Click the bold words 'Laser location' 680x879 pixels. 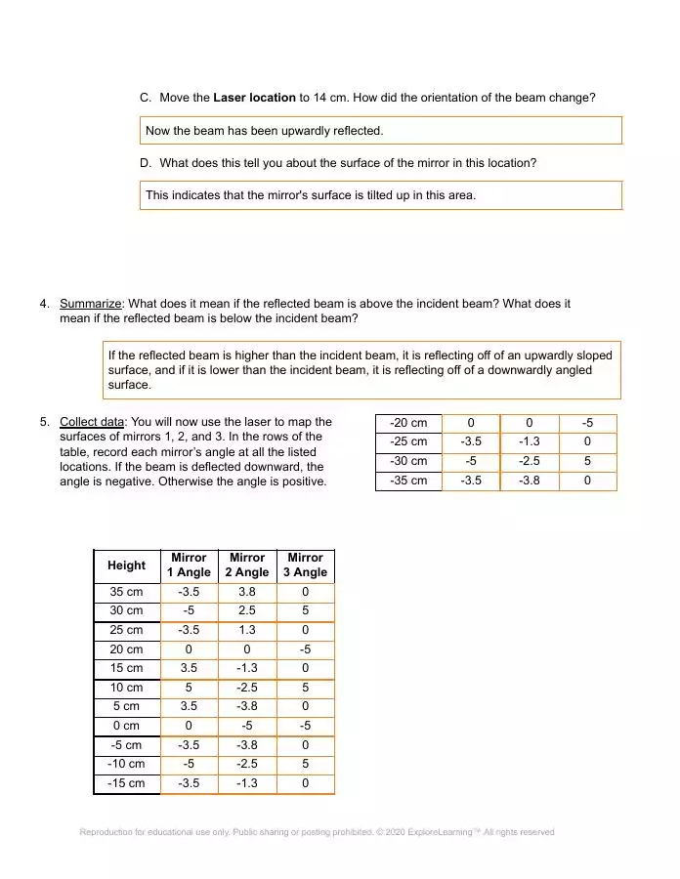click(x=254, y=98)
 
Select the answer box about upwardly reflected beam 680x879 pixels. click(x=381, y=130)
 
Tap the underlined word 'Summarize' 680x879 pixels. click(x=91, y=304)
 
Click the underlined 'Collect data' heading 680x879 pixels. click(x=92, y=422)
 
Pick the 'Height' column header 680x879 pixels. click(x=126, y=565)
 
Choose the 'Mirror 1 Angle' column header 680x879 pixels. click(x=189, y=565)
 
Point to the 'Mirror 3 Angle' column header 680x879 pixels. click(x=305, y=565)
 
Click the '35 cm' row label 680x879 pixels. click(x=126, y=592)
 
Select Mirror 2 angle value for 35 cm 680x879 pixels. click(x=246, y=592)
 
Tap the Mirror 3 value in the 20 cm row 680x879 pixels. click(x=305, y=649)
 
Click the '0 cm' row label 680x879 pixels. click(x=126, y=726)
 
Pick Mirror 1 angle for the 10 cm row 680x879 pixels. click(x=189, y=688)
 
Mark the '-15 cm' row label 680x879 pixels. click(x=126, y=783)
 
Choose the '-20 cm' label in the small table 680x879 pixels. click(x=408, y=423)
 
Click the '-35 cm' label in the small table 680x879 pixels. click(x=408, y=481)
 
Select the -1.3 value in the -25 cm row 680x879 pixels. click(x=529, y=442)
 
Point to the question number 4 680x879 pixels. click(x=44, y=304)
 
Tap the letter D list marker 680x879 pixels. click(x=146, y=162)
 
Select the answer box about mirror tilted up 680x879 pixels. click(x=381, y=195)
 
